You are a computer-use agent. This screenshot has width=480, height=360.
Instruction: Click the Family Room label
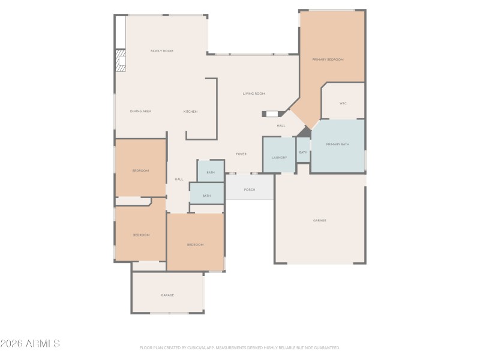(161, 51)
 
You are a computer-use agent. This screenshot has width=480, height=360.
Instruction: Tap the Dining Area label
(140, 112)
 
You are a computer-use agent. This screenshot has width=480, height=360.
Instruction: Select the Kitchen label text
(190, 112)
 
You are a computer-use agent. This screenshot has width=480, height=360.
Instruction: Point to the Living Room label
(253, 94)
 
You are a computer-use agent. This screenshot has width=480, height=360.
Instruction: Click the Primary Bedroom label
(328, 59)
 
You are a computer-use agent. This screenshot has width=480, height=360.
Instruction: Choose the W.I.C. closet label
(343, 103)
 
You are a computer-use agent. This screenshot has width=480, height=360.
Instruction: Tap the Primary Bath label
(337, 145)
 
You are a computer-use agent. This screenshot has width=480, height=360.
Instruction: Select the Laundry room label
(279, 158)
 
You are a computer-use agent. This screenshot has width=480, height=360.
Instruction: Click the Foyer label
(241, 154)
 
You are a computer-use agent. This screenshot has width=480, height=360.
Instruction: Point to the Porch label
(250, 190)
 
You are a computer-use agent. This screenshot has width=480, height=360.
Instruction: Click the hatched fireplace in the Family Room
(121, 61)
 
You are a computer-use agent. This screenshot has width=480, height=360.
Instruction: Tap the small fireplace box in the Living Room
(272, 113)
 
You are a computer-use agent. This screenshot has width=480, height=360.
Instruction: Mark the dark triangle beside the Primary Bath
(305, 132)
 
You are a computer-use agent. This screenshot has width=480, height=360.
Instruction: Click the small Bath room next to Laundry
(303, 152)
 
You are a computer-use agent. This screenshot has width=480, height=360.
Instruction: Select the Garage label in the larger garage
(319, 220)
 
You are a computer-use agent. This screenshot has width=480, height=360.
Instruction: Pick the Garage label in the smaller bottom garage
(167, 295)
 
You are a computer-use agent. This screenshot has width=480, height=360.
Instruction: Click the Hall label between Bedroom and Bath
(179, 179)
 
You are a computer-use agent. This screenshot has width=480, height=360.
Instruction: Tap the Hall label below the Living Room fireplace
(281, 126)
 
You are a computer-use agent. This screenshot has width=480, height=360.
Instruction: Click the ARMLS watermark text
(30, 344)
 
